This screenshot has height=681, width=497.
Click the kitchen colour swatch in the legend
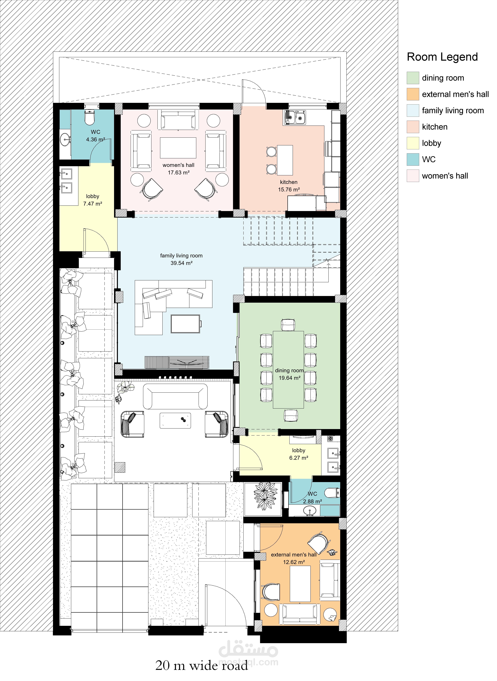click(x=413, y=127)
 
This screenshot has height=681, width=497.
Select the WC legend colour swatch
click(x=413, y=159)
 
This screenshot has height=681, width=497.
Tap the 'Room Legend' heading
click(x=442, y=57)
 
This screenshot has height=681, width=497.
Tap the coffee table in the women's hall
click(x=178, y=148)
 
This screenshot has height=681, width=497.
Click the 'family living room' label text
click(x=181, y=256)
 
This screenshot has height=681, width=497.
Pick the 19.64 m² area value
click(x=289, y=378)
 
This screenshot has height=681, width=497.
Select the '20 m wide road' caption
click(x=202, y=665)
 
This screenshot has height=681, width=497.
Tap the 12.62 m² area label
click(x=294, y=562)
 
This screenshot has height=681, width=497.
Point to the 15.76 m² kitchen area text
click(x=289, y=190)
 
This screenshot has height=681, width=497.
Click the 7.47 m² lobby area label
click(x=93, y=204)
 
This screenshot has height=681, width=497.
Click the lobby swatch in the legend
click(x=413, y=143)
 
